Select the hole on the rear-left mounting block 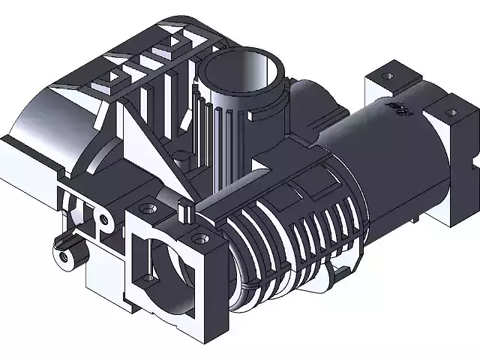[x=388, y=76]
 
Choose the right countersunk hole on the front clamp [x=198, y=238]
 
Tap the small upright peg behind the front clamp [x=184, y=211]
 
